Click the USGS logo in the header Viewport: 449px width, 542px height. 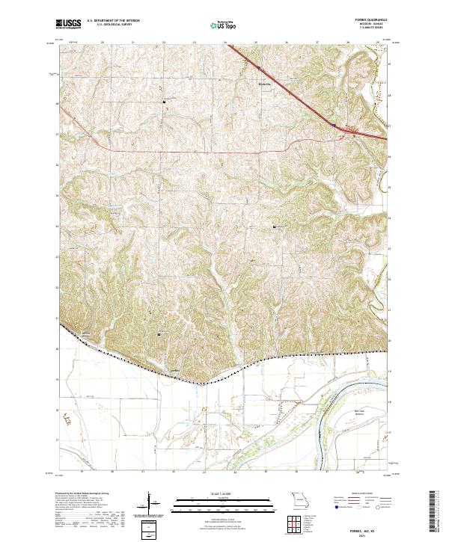[x=68, y=24]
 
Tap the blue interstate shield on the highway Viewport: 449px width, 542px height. [x=334, y=126]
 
